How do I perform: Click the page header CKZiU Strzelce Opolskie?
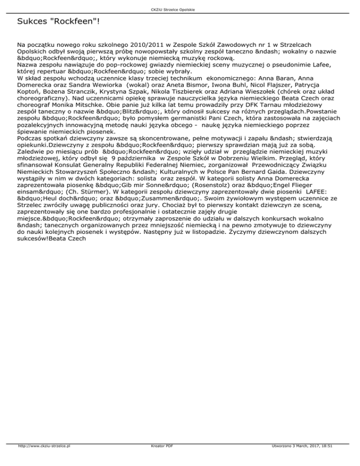(x=180, y=10)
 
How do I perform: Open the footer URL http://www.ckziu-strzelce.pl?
(x=43, y=459)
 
